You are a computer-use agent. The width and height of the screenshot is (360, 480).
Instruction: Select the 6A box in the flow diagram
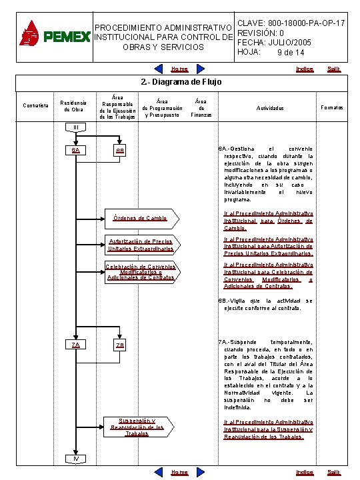click(77, 150)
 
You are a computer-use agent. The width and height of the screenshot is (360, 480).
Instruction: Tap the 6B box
click(120, 151)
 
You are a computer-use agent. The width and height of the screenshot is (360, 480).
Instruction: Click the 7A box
click(77, 345)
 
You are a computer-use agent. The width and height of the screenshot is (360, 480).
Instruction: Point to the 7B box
click(120, 345)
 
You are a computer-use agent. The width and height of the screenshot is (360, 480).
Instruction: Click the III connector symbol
click(76, 127)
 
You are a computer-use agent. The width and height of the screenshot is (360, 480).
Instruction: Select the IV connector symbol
click(76, 458)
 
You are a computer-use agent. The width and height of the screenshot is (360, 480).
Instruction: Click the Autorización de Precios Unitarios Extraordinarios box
click(140, 245)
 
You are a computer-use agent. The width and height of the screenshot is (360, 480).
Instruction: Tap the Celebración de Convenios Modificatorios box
click(140, 272)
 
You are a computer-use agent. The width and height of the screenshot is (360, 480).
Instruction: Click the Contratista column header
click(35, 107)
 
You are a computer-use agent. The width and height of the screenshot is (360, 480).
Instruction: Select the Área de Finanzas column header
click(201, 107)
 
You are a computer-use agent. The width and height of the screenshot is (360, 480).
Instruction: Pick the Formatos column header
click(332, 107)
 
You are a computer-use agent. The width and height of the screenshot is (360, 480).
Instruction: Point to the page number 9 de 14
click(289, 53)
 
